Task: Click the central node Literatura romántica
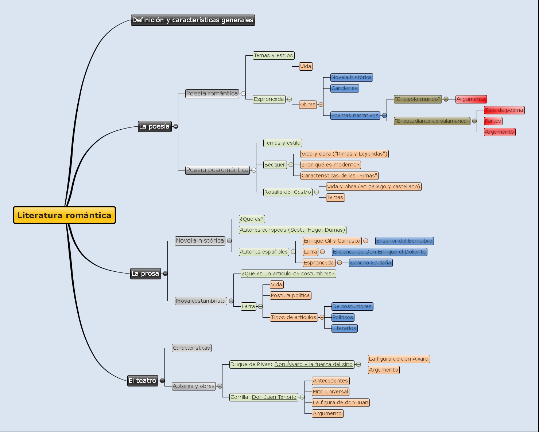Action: (x=65, y=215)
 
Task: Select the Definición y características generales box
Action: (x=193, y=20)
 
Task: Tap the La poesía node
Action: (x=154, y=126)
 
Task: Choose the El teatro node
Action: (x=143, y=381)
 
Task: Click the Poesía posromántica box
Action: (x=217, y=170)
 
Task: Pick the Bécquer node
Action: (x=275, y=165)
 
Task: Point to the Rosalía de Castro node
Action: (x=288, y=192)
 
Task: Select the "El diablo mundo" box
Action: (x=418, y=99)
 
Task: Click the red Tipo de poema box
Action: (x=504, y=110)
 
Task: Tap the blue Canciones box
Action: (x=344, y=88)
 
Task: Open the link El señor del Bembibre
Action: (x=404, y=241)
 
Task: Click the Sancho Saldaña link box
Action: (x=371, y=263)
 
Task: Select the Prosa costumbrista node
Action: (x=201, y=301)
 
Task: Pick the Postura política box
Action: (x=290, y=295)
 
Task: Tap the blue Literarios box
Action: (x=344, y=328)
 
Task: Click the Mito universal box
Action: (x=330, y=392)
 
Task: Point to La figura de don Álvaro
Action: (x=399, y=359)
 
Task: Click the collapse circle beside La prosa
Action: (x=165, y=274)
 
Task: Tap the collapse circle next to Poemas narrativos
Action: (x=384, y=115)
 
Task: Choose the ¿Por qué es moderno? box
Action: (x=330, y=165)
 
